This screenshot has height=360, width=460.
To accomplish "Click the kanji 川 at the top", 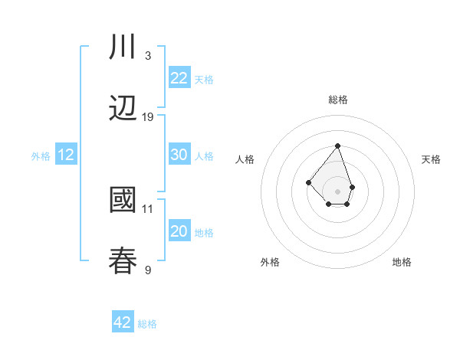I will [123, 47].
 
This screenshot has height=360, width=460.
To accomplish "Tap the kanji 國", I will [123, 200].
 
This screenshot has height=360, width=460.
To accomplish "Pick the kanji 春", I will [123, 260].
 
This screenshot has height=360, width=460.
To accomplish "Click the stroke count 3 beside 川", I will [147, 56].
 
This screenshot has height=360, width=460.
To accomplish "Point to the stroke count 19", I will [148, 116].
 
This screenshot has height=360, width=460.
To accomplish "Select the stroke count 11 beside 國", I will [148, 208].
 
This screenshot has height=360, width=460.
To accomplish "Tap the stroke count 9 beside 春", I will [147, 270].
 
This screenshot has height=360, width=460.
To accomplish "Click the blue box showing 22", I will [179, 77].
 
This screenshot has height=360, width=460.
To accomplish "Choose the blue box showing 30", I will [179, 155].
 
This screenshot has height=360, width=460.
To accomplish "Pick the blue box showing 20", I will [179, 231].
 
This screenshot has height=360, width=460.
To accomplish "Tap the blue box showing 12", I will [66, 155].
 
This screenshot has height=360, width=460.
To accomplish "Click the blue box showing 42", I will [123, 322].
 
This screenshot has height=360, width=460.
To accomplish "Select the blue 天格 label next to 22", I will [204, 79].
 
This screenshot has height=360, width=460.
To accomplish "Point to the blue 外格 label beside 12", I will [41, 156].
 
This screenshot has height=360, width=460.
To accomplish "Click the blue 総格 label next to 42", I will [147, 324].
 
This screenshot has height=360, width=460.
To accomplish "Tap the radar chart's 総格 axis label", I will [337, 100].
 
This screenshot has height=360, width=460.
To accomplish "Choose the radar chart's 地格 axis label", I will [402, 262].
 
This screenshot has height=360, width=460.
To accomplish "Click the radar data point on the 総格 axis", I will [337, 146].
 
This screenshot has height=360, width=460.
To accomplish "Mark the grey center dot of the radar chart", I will [337, 191].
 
